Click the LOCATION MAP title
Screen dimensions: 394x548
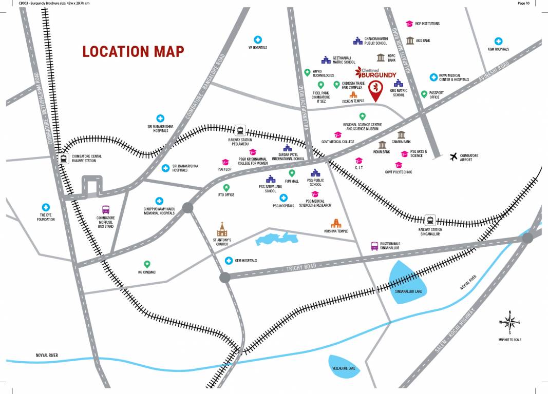pyautogui.click(x=133, y=51)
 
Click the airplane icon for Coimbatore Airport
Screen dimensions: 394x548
pyautogui.click(x=453, y=156)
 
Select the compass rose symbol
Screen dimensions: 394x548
pyautogui.click(x=509, y=322)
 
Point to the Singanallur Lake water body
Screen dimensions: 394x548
pyautogui.click(x=408, y=281)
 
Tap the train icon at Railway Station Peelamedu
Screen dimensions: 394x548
pyautogui.click(x=240, y=130)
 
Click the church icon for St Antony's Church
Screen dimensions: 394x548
pyautogui.click(x=222, y=229)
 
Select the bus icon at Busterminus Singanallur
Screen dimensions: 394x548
pyautogui.click(x=375, y=246)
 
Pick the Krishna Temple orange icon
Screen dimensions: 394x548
pyautogui.click(x=336, y=222)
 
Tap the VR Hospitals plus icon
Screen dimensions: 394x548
pyautogui.click(x=258, y=40)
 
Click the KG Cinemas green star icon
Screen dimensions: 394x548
pyautogui.click(x=147, y=264)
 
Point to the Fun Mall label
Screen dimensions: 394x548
pyautogui.click(x=292, y=181)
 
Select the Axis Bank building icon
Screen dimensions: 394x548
pyautogui.click(x=409, y=40)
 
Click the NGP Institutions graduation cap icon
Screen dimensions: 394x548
pyautogui.click(x=409, y=24)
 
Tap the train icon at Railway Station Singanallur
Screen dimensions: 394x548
pyautogui.click(x=430, y=221)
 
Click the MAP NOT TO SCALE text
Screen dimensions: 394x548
pyautogui.click(x=509, y=339)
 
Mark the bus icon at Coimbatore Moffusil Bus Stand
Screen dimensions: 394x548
pyautogui.click(x=106, y=209)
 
